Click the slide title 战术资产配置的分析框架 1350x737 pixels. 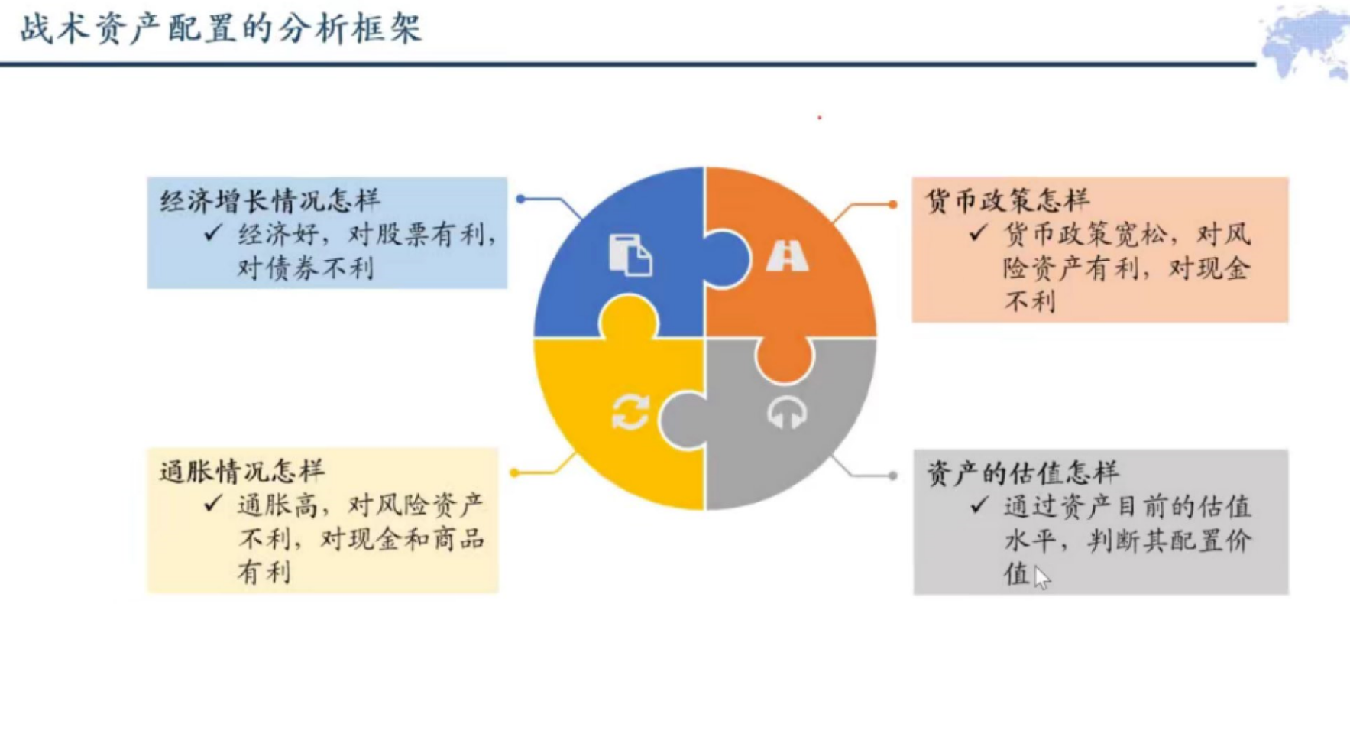tap(221, 29)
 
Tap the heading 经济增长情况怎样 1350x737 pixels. tap(270, 200)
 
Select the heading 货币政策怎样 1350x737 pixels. tap(1007, 200)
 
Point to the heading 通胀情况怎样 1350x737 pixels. tap(241, 471)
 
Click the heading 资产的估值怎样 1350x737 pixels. tap(1022, 473)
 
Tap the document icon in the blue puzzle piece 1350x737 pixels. tap(630, 255)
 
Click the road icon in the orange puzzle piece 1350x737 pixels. tap(787, 255)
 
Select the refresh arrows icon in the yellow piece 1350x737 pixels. tap(631, 413)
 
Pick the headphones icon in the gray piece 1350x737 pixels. tap(787, 413)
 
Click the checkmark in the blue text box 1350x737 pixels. tap(213, 232)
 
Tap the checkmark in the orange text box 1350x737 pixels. tap(978, 232)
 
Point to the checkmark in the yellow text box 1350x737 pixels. tap(213, 504)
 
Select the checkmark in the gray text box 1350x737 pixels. tap(979, 505)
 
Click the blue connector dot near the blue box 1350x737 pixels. tap(520, 199)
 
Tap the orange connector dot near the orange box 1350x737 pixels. tap(892, 204)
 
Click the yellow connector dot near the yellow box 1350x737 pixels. tap(514, 472)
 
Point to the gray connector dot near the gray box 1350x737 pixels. tap(892, 476)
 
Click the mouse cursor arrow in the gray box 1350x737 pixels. tap(1041, 577)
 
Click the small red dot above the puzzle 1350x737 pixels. tap(819, 118)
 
